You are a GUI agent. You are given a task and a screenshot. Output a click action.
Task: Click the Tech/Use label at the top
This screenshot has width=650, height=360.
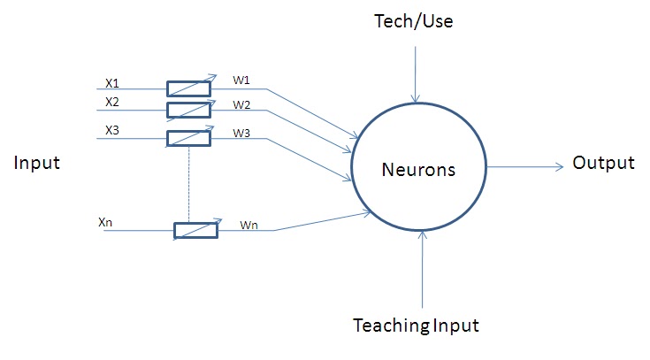click(413, 21)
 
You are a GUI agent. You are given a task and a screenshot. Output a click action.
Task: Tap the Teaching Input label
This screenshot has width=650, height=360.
click(416, 326)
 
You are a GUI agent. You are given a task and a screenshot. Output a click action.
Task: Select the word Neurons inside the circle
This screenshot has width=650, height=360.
click(417, 169)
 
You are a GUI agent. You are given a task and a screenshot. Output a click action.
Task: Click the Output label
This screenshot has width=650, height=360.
click(603, 163)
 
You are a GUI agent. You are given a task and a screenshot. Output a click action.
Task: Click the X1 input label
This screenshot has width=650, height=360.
click(112, 83)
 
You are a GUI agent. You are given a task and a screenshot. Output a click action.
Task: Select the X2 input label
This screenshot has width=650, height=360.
click(112, 103)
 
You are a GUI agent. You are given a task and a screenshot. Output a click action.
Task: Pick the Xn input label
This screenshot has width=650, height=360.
click(107, 222)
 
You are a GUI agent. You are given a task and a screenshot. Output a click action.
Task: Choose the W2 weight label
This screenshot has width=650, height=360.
click(241, 105)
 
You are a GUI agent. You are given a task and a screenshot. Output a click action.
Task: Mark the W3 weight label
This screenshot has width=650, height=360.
click(241, 134)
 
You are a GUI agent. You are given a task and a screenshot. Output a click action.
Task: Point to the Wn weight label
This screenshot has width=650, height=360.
click(249, 226)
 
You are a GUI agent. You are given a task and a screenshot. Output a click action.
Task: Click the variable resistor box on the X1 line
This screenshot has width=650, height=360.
click(188, 88)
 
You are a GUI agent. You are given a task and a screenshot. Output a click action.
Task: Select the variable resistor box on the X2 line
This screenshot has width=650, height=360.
click(188, 110)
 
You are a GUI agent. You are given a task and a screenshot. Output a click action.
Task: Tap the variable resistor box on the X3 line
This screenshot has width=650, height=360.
click(188, 138)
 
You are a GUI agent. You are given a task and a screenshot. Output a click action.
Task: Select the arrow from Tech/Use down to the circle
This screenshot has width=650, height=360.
click(413, 71)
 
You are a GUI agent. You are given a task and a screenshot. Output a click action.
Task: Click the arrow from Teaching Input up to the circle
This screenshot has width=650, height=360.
click(425, 265)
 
